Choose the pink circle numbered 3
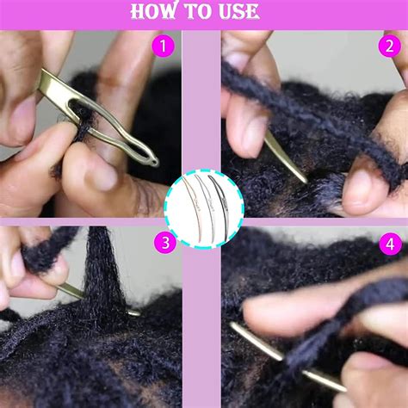pyautogui.click(x=165, y=244)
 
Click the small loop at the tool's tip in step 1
pyautogui.click(x=151, y=159)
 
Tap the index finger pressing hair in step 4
pyautogui.click(x=284, y=301)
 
